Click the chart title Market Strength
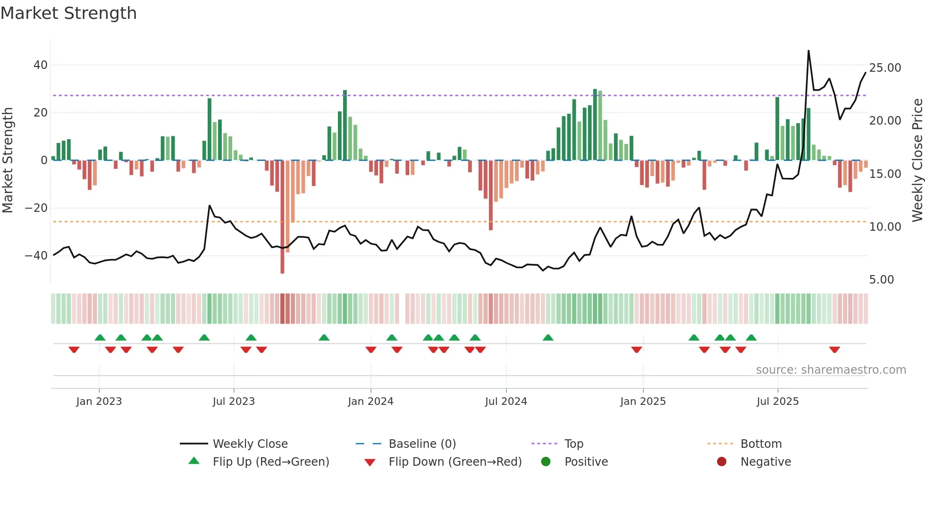68,13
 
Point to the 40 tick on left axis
40,65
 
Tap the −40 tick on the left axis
36,256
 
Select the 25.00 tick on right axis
885,68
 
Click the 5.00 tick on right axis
881,280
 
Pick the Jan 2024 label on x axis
370,402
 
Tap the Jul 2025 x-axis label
777,402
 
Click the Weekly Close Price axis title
917,160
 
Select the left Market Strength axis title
8,160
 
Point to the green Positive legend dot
546,462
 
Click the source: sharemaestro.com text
831,370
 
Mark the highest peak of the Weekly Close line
808,51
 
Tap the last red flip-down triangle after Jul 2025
834,350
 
